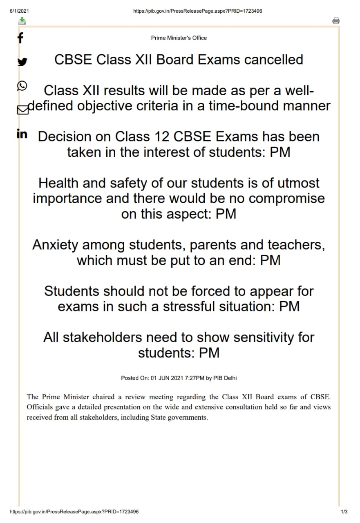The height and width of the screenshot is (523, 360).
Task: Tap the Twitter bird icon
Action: [22, 62]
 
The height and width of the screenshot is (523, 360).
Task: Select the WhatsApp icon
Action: [22, 85]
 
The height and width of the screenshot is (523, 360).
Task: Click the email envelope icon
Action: [23, 110]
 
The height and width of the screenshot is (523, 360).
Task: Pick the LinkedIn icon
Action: [22, 134]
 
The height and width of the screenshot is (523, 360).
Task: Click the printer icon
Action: [336, 21]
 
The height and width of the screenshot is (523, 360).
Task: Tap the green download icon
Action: [22, 21]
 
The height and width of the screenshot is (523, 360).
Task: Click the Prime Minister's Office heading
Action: [179, 38]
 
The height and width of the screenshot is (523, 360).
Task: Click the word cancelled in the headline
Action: [273, 60]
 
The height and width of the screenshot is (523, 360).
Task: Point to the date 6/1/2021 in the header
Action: [19, 11]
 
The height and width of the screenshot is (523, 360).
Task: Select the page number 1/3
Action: [344, 512]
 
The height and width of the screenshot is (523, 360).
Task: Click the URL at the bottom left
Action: [74, 512]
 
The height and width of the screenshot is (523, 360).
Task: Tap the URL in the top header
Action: [198, 11]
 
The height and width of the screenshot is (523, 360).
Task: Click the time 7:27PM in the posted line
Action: [195, 378]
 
